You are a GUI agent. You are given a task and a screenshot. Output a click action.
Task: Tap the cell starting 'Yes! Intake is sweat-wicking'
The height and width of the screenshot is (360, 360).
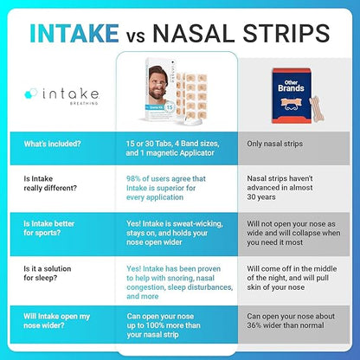click(164, 231)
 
